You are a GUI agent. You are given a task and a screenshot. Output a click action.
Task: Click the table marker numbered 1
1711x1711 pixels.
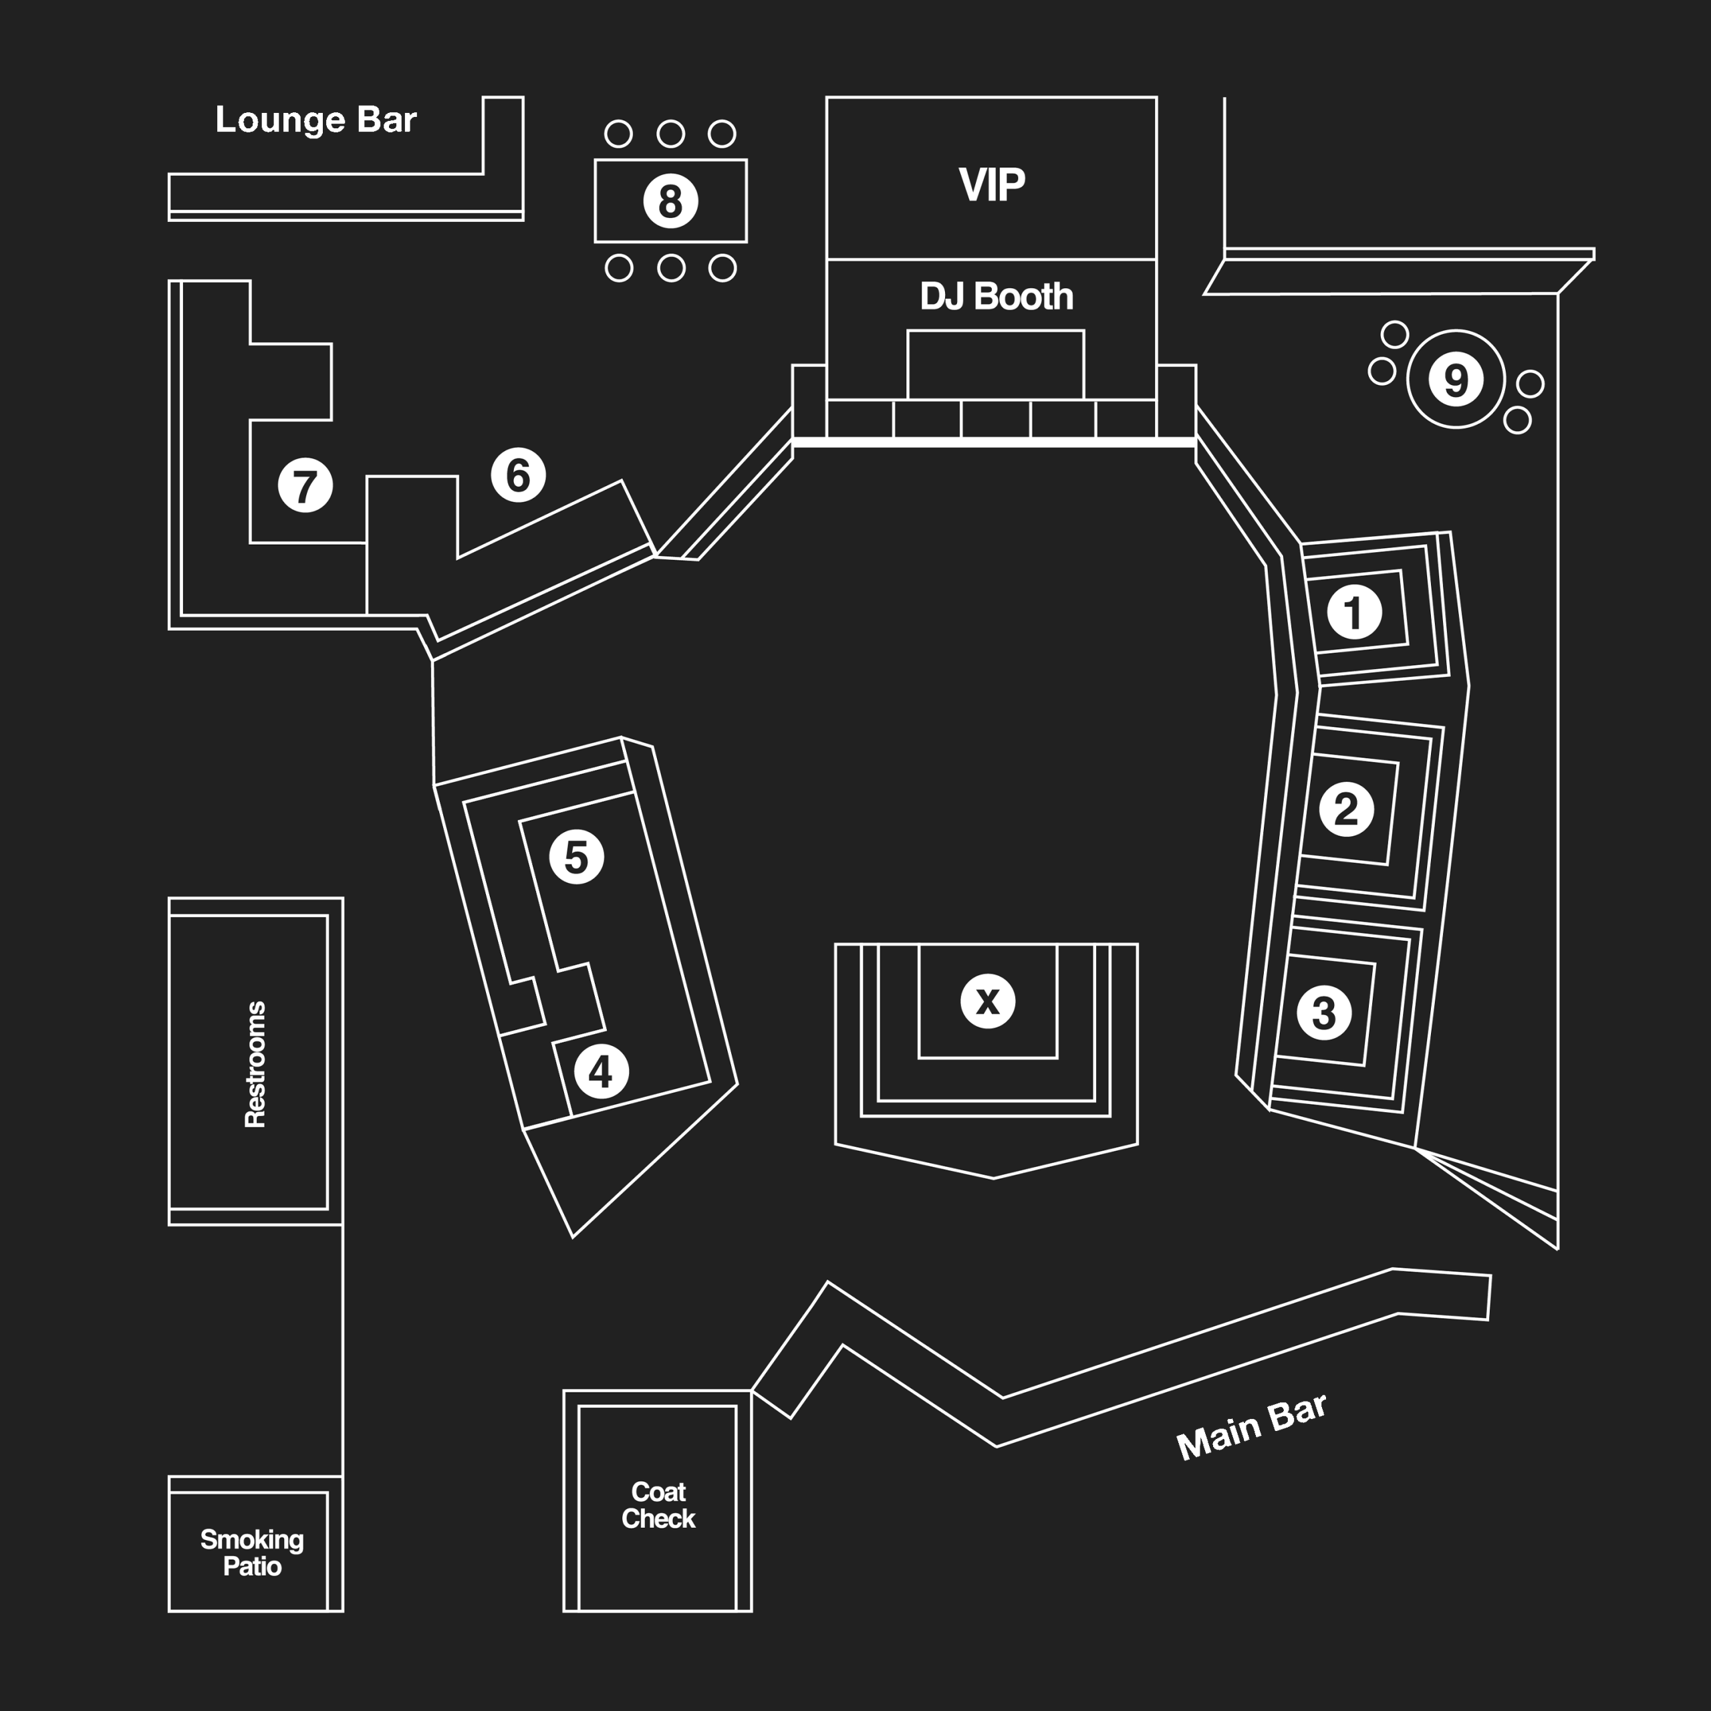(x=1354, y=611)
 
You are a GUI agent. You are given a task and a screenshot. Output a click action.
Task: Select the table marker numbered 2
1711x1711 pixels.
(x=1346, y=809)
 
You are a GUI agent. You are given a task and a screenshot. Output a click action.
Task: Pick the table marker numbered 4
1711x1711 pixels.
(x=602, y=1071)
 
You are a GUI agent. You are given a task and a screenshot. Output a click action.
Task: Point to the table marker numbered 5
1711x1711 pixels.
(x=577, y=856)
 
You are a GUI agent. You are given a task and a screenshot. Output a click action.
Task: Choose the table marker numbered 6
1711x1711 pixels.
(x=518, y=475)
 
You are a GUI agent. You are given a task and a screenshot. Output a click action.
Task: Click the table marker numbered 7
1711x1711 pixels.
(x=305, y=485)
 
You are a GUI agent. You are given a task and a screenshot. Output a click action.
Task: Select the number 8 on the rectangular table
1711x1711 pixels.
(x=670, y=201)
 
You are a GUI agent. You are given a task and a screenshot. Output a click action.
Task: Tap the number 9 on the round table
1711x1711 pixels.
(x=1456, y=379)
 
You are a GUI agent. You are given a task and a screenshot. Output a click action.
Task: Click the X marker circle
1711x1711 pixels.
(x=987, y=1001)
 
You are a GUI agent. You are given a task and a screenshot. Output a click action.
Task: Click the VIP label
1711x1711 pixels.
(x=991, y=184)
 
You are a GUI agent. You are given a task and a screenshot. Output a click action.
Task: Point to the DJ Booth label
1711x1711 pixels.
(x=997, y=297)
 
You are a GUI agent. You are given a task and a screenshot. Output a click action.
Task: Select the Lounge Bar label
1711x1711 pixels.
(x=315, y=120)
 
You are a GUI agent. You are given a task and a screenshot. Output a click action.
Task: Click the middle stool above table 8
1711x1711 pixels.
(x=670, y=134)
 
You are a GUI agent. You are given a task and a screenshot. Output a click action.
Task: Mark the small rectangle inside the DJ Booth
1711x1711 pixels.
(x=995, y=365)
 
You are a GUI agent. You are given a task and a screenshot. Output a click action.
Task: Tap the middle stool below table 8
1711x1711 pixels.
(x=670, y=267)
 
